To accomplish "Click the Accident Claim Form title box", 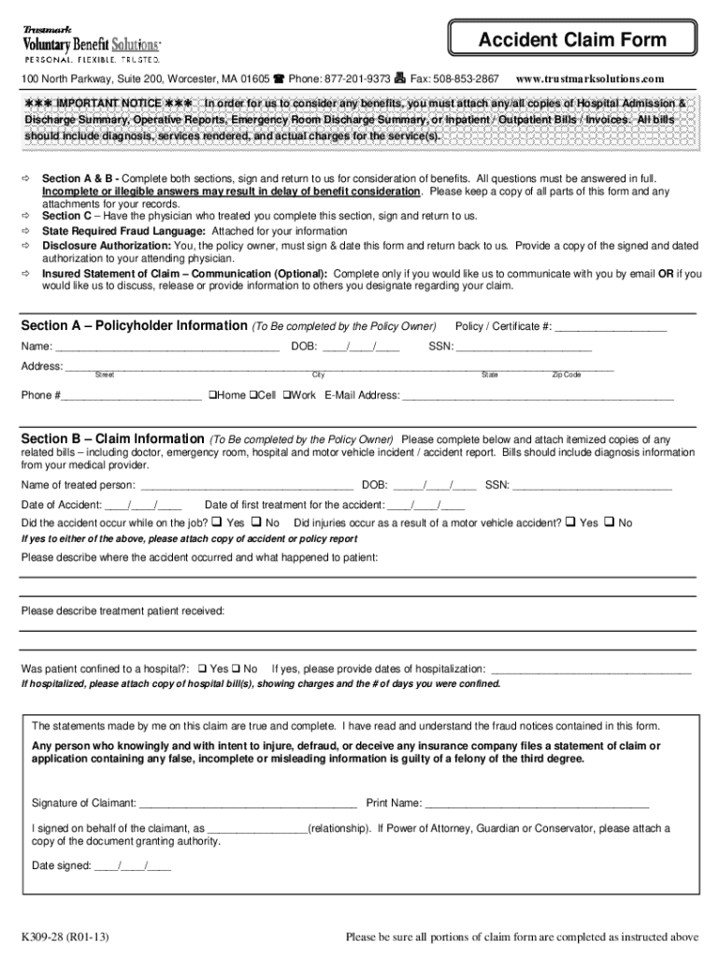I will [572, 40].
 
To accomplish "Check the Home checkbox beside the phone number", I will [213, 395].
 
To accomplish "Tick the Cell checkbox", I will [252, 395].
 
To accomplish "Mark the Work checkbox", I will [287, 395].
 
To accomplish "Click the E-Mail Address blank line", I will [537, 396].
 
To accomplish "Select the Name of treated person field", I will [246, 485].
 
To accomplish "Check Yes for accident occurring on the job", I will [217, 522].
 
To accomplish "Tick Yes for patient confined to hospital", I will [202, 669].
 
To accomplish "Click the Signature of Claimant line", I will [247, 803].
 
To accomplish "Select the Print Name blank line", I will [537, 803].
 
